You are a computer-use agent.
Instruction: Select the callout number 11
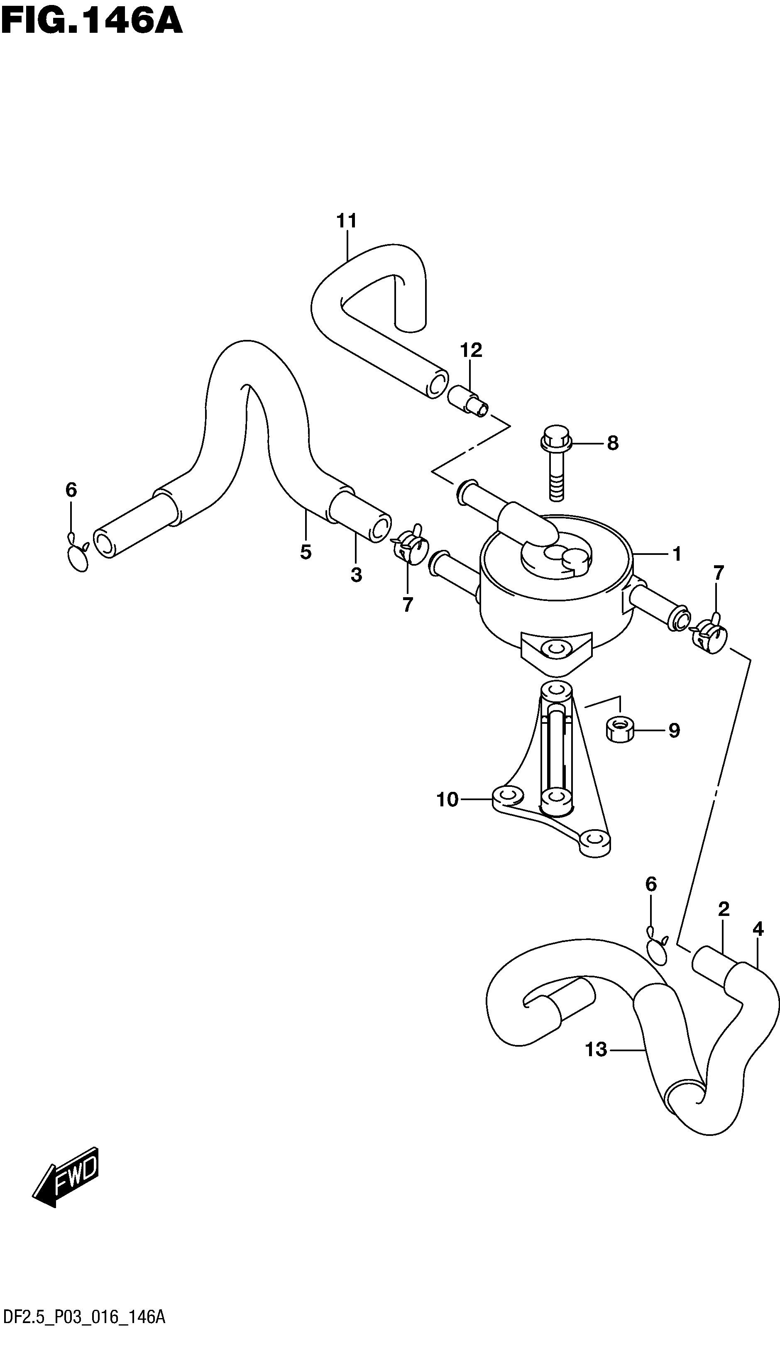click(x=346, y=221)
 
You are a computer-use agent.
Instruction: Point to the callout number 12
click(x=471, y=350)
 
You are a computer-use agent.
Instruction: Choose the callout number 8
click(x=613, y=443)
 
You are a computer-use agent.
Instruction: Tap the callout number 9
click(x=674, y=730)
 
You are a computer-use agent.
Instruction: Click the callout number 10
click(x=448, y=800)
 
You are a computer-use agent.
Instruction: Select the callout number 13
click(x=596, y=1050)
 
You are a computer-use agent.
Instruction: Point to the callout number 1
click(x=677, y=554)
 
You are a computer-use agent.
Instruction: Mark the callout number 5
click(x=306, y=552)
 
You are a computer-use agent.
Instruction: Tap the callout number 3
click(x=356, y=575)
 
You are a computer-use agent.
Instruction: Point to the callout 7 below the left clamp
click(x=408, y=605)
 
